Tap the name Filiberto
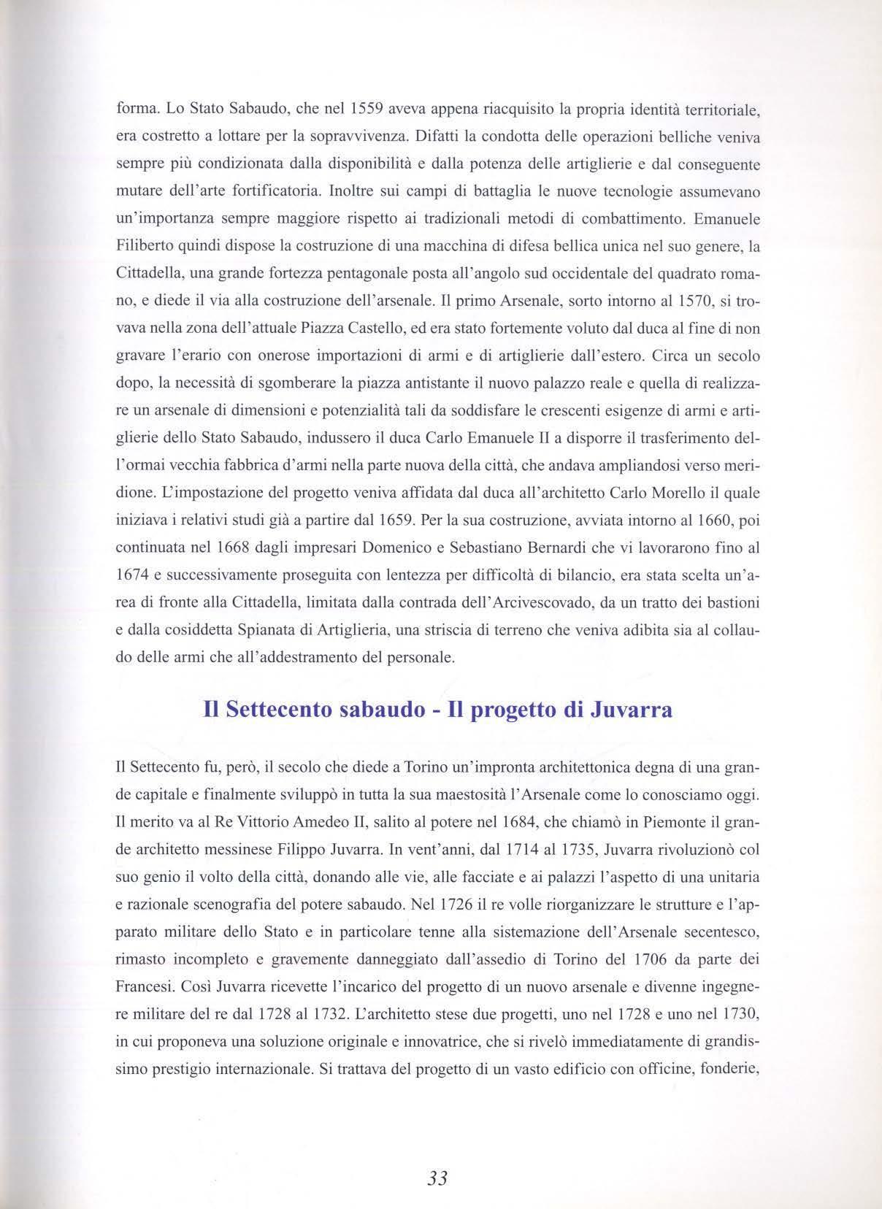pyautogui.click(x=144, y=247)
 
